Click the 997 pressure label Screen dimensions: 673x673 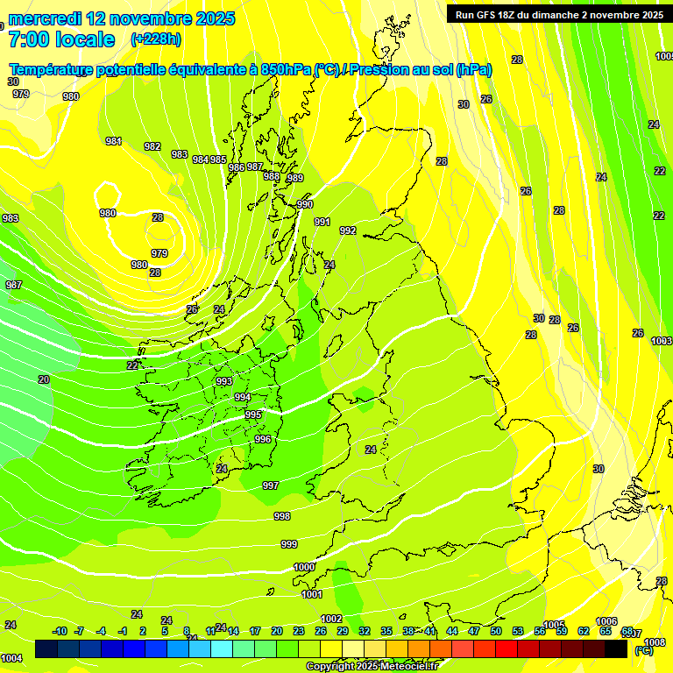(271, 485)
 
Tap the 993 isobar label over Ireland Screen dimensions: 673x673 (224, 381)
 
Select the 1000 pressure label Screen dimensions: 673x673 (304, 567)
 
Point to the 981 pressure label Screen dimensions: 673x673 (114, 141)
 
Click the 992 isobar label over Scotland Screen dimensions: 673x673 (348, 230)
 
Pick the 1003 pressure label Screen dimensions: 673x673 (662, 341)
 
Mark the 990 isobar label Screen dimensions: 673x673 (304, 204)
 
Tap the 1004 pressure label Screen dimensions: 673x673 (11, 658)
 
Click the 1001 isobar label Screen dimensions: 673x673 (312, 594)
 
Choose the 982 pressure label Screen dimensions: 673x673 (152, 146)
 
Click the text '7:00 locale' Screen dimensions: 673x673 (60, 39)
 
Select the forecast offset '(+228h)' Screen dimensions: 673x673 (156, 39)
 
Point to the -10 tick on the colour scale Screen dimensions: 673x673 (60, 631)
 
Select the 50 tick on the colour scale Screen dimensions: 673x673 (496, 631)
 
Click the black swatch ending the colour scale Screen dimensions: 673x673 (616, 649)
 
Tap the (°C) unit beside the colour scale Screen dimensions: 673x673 (643, 650)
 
